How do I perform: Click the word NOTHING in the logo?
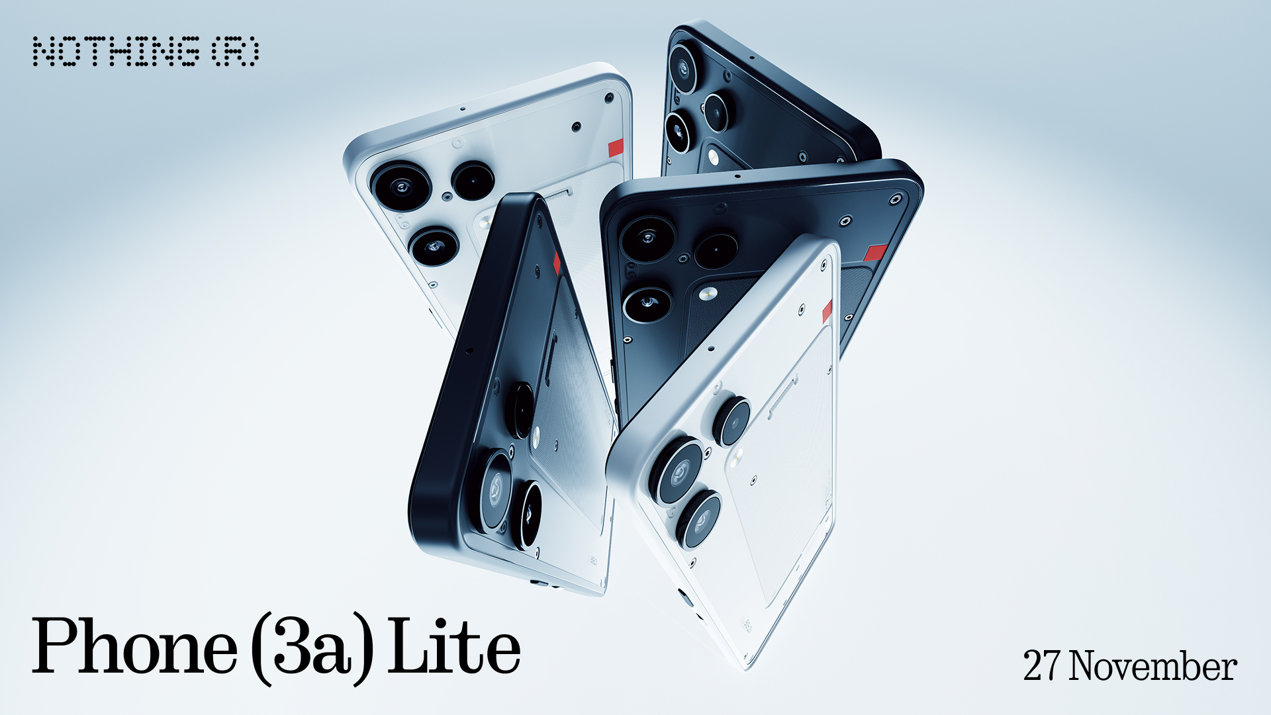(117, 52)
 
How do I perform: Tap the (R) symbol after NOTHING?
(236, 52)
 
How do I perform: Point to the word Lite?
(454, 645)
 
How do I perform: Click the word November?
(1153, 665)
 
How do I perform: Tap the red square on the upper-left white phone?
(616, 148)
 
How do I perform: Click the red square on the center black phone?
(876, 252)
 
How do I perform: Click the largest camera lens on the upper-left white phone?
(400, 186)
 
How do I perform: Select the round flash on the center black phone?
(708, 293)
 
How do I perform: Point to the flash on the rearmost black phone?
(713, 157)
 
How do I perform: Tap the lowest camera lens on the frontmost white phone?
(699, 519)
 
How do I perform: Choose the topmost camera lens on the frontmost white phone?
(732, 421)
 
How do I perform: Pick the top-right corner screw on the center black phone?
(896, 198)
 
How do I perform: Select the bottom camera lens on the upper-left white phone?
(434, 246)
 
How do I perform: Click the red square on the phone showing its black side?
(557, 263)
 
